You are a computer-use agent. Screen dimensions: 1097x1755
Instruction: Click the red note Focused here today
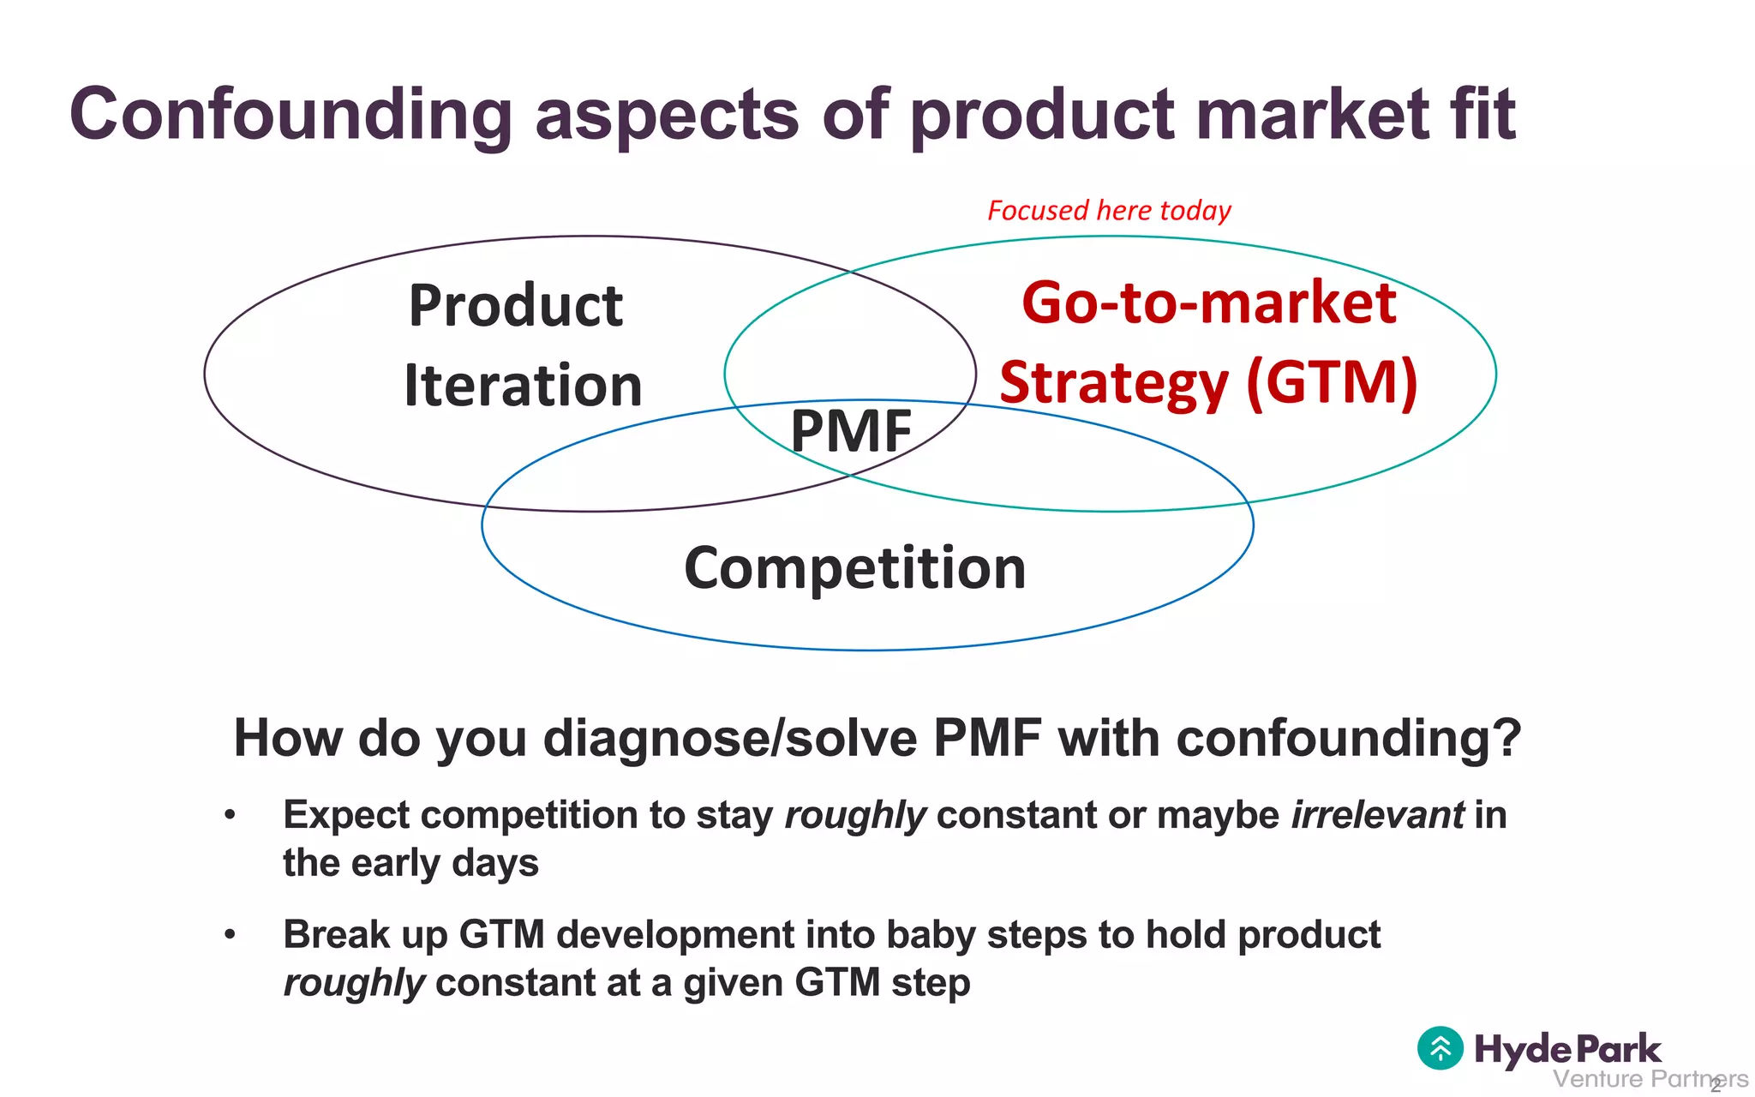pyautogui.click(x=1109, y=211)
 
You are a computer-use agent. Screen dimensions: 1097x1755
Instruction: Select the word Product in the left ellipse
pyautogui.click(x=516, y=306)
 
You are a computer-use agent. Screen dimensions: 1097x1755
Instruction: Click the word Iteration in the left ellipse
pyautogui.click(x=523, y=386)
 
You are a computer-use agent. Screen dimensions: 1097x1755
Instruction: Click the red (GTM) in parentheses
pyautogui.click(x=1333, y=382)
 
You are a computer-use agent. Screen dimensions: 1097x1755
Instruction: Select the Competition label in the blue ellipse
pyautogui.click(x=854, y=568)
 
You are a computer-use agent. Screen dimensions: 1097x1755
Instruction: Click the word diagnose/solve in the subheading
pyautogui.click(x=730, y=738)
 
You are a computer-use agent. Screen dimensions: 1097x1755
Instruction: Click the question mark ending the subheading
pyautogui.click(x=1506, y=738)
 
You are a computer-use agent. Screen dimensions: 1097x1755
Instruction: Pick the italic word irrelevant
pyautogui.click(x=1377, y=815)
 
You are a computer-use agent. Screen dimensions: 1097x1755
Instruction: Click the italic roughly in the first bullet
pyautogui.click(x=855, y=815)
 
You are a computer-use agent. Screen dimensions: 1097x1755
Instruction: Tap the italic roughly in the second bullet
pyautogui.click(x=354, y=983)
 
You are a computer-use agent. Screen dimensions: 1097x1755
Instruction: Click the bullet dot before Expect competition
pyautogui.click(x=230, y=815)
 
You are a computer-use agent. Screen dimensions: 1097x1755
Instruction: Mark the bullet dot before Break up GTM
pyautogui.click(x=230, y=935)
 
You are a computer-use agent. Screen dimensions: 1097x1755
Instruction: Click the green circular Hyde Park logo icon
pyautogui.click(x=1441, y=1048)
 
